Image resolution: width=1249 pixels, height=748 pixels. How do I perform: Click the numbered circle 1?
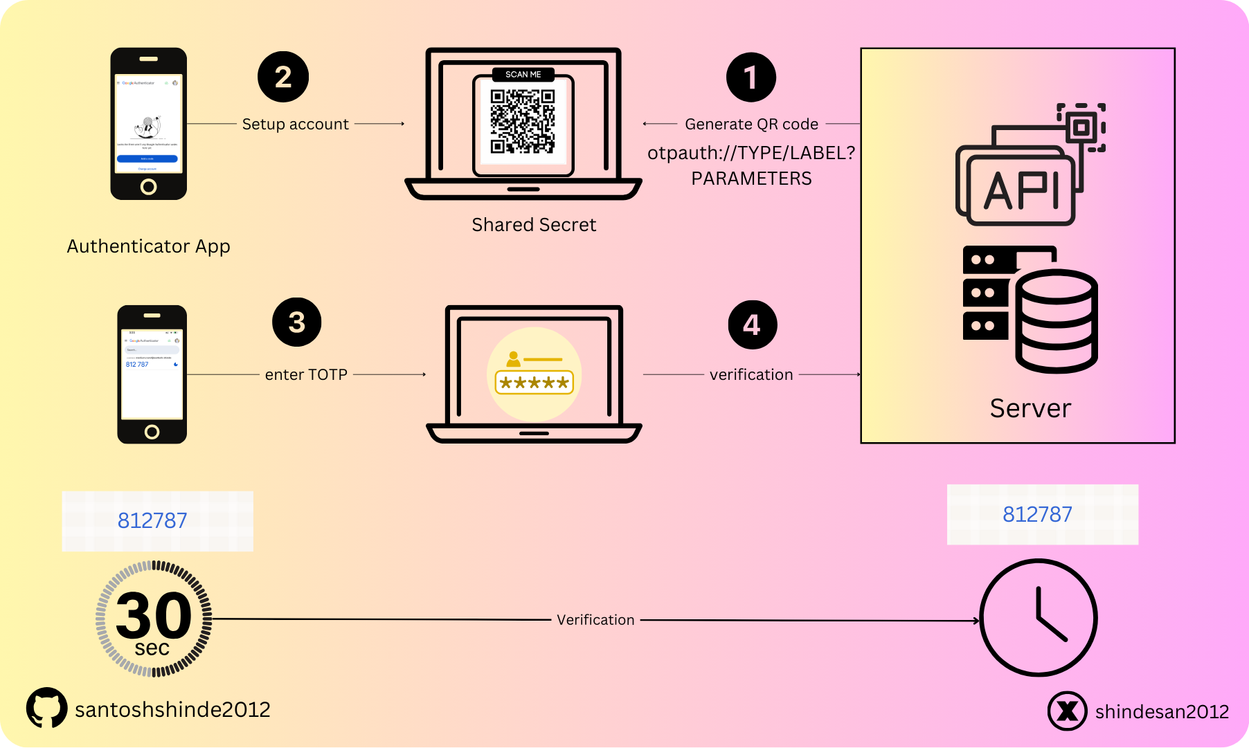pyautogui.click(x=751, y=77)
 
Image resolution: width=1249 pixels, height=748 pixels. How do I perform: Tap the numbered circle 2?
pyautogui.click(x=283, y=77)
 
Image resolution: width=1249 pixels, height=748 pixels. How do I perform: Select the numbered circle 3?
pyautogui.click(x=297, y=322)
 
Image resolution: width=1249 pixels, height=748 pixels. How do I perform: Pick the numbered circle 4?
pyautogui.click(x=753, y=325)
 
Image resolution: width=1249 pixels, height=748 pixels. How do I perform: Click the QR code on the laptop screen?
pyautogui.click(x=523, y=121)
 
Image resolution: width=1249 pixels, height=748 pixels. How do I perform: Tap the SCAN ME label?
pyautogui.click(x=523, y=74)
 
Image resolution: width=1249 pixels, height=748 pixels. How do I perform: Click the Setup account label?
pyautogui.click(x=295, y=124)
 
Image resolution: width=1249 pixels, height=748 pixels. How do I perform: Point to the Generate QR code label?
pyautogui.click(x=751, y=124)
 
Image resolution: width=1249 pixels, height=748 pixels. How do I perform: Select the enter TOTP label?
pyautogui.click(x=306, y=374)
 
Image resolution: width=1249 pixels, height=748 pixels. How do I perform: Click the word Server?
pyautogui.click(x=1030, y=408)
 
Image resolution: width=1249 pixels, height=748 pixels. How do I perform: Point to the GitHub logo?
pyautogui.click(x=46, y=707)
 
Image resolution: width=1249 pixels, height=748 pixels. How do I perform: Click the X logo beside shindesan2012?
pyautogui.click(x=1067, y=711)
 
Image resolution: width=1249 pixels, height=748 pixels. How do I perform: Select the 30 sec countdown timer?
pyautogui.click(x=154, y=619)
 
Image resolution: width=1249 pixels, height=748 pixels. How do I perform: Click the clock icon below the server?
pyautogui.click(x=1039, y=617)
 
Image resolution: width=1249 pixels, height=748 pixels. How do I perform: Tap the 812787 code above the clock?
pyautogui.click(x=1037, y=514)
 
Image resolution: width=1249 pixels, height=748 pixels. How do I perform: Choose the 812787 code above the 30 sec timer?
pyautogui.click(x=152, y=520)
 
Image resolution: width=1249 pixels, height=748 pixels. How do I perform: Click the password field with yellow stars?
pyautogui.click(x=534, y=382)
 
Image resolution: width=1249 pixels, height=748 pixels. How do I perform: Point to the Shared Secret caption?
pyautogui.click(x=534, y=225)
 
